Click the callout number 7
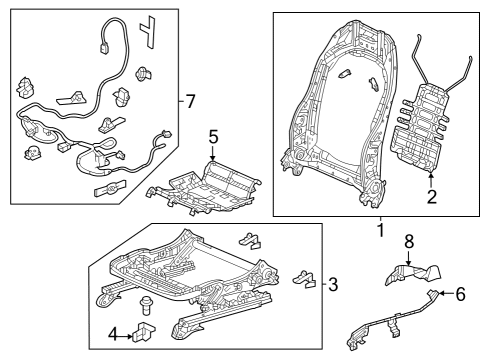point(190,101)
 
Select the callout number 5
point(213,137)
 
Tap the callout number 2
point(432,197)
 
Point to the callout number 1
point(380,231)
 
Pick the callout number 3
point(333,285)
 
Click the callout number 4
point(113,334)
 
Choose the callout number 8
point(409,241)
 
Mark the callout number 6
point(460,294)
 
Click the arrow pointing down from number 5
point(213,154)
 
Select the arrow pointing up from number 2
point(431,179)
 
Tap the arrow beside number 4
point(126,337)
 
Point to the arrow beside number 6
point(445,293)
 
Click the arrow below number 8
point(409,258)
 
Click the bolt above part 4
point(145,305)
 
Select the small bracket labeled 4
point(144,331)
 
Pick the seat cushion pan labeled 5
point(204,187)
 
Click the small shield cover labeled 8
point(413,274)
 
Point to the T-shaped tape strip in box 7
point(148,31)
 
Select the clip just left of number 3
point(304,278)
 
